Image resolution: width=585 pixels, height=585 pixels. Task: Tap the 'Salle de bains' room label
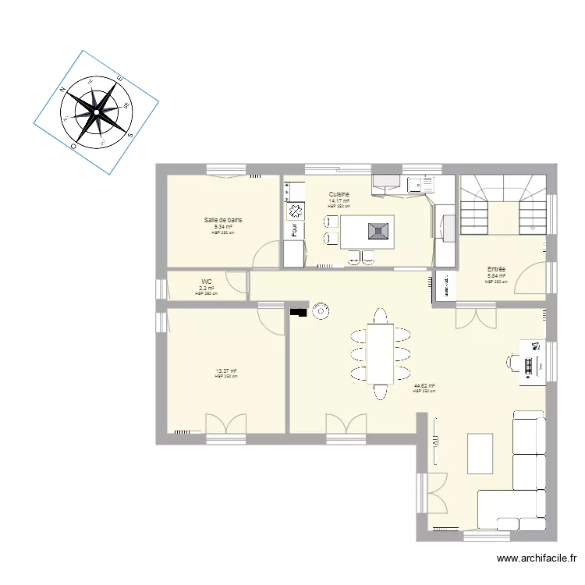coord(223,221)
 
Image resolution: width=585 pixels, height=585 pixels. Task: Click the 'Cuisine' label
coord(339,194)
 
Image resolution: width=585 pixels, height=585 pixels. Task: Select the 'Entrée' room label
coord(496,269)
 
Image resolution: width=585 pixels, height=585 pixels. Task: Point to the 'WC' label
coord(207,282)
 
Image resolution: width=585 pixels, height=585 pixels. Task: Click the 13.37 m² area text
coord(226,371)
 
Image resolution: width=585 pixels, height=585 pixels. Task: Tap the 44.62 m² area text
coord(424,385)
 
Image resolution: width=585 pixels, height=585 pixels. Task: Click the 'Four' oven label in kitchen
coord(294,231)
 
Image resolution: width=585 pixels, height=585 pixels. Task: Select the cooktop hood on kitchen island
coord(378,230)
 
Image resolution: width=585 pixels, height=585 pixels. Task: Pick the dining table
coord(381,353)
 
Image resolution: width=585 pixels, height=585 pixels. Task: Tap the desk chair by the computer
coord(514,361)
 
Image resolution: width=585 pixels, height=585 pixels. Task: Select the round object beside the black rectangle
coord(319,313)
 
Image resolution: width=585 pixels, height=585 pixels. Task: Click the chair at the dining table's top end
coord(381,315)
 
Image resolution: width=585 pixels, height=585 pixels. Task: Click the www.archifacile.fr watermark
coord(535,558)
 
